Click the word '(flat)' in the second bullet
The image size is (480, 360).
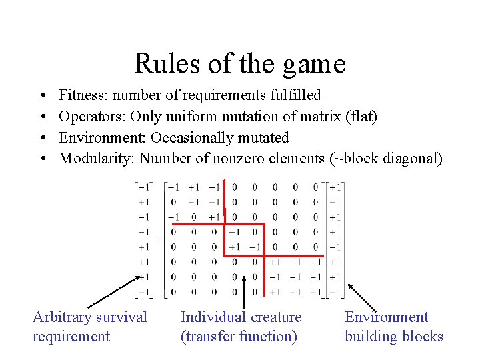coord(361,117)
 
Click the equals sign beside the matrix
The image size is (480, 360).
coord(159,239)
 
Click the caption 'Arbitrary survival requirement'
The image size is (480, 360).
coord(89,327)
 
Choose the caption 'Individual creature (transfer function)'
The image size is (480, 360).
coord(241,327)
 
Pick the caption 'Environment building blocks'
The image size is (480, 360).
coord(393,327)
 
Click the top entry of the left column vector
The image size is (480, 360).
coord(143,187)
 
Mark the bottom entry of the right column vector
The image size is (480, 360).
coord(335,292)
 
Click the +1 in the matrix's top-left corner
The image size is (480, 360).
coord(173,187)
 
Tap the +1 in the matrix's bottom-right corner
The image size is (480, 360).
coord(315,292)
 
